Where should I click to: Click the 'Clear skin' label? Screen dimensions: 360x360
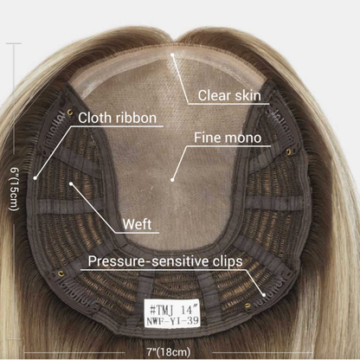pyautogui.click(x=229, y=95)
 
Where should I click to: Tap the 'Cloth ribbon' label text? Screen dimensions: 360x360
pyautogui.click(x=117, y=118)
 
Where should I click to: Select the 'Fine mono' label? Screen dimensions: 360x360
pyautogui.click(x=228, y=138)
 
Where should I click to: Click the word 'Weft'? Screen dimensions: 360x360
pyautogui.click(x=137, y=224)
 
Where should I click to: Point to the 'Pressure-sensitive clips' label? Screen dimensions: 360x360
pyautogui.click(x=165, y=261)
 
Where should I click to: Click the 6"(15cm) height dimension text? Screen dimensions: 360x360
pyautogui.click(x=15, y=190)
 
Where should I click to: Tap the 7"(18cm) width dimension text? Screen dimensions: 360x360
pyautogui.click(x=168, y=352)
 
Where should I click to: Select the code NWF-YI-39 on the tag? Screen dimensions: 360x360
pyautogui.click(x=172, y=321)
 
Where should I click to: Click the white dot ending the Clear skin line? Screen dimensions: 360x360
pyautogui.click(x=172, y=54)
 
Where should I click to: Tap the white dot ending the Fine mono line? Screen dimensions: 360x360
pyautogui.click(x=172, y=180)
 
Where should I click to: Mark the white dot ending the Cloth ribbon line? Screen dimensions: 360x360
pyautogui.click(x=35, y=178)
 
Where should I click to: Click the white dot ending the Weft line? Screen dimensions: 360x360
pyautogui.click(x=71, y=183)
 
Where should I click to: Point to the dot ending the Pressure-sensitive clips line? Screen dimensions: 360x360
pyautogui.click(x=264, y=294)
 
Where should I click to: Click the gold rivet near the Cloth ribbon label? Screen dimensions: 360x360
pyautogui.click(x=69, y=112)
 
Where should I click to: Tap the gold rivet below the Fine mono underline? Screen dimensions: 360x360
pyautogui.click(x=288, y=151)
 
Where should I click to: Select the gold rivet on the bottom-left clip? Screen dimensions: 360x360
pyautogui.click(x=61, y=273)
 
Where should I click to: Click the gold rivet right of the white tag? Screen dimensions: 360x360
pyautogui.click(x=247, y=305)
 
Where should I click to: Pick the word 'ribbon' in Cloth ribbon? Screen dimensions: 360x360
pyautogui.click(x=136, y=118)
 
